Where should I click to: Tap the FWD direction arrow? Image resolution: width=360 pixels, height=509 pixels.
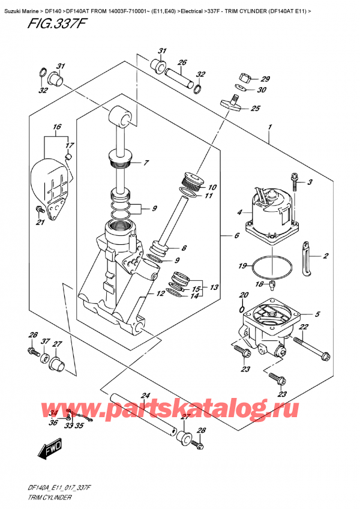coord(50,449)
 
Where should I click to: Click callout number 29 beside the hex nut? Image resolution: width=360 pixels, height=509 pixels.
coord(265,79)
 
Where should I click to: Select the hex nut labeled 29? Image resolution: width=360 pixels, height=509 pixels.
coord(245,77)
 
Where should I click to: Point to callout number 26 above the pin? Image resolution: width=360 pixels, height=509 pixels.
coord(182,62)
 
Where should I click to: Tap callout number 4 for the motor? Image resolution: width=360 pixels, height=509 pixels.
coord(239,212)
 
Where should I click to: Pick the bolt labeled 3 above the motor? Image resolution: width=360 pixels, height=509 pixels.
coord(295,182)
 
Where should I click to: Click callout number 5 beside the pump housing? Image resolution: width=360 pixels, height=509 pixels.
coord(317,314)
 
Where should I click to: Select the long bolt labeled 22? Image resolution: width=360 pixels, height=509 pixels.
coord(312,348)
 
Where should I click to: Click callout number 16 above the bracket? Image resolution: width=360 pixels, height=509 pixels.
coord(57,127)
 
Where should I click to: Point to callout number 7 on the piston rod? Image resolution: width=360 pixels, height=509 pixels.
coord(146,163)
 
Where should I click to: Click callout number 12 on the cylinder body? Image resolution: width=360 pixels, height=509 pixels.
coord(160,294)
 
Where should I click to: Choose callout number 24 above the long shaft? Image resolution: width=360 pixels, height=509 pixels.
coord(145,396)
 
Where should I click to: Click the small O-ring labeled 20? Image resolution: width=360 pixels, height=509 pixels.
coord(242,310)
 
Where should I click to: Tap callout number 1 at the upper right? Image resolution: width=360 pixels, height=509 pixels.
coord(270,127)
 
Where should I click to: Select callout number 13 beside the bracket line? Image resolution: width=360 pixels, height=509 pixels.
coord(214,288)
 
